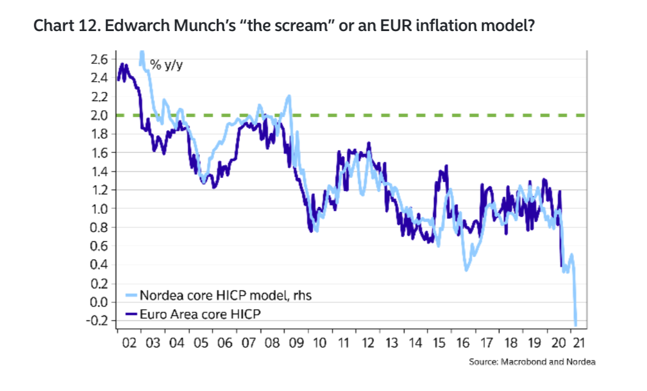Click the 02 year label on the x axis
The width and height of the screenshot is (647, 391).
pos(129,342)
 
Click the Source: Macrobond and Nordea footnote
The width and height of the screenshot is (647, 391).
pos(532,362)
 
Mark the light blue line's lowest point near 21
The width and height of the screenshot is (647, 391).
pos(575,324)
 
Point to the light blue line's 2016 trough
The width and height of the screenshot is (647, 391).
pos(467,269)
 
